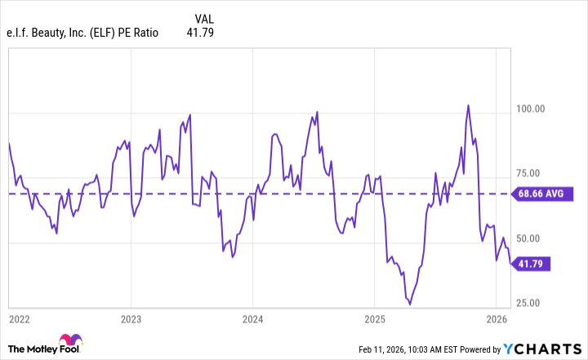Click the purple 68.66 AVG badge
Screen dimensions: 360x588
tap(542, 194)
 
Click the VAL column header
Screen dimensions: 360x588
tap(207, 18)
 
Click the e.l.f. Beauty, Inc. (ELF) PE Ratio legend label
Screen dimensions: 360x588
tap(84, 33)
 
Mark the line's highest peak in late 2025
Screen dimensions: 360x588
tap(468, 105)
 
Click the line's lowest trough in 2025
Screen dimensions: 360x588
tap(409, 304)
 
